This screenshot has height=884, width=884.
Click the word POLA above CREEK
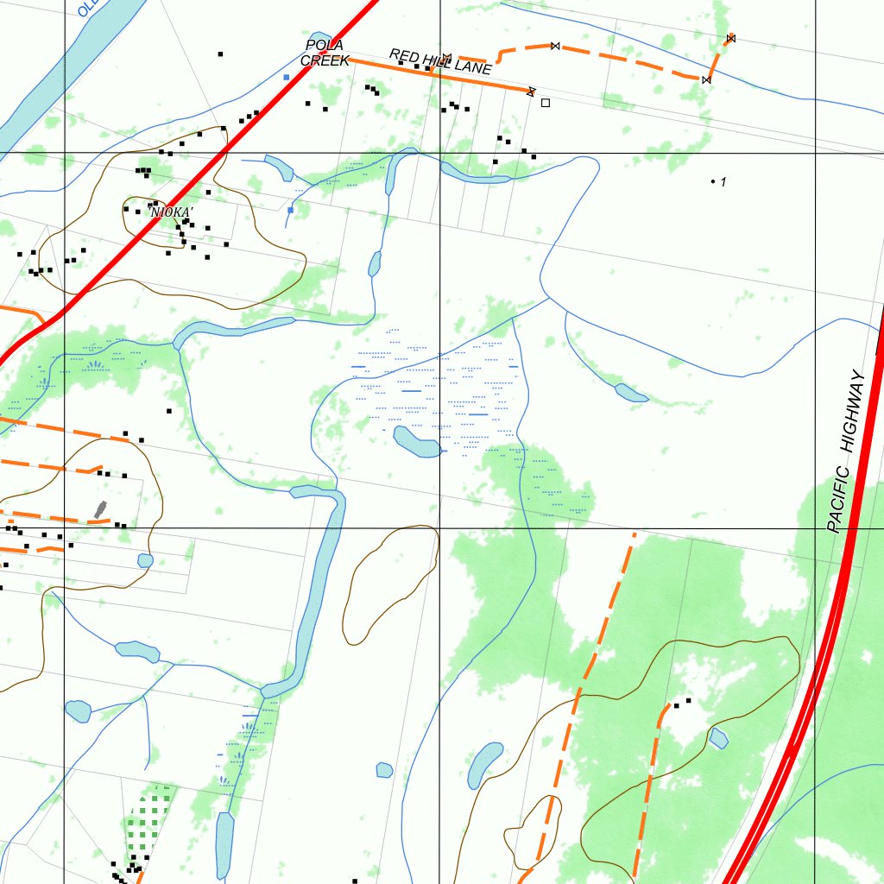pyautogui.click(x=325, y=45)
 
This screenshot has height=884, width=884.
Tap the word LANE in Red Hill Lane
pyautogui.click(x=474, y=66)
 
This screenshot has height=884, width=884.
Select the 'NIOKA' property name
pyautogui.click(x=170, y=212)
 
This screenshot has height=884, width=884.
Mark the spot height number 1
pyautogui.click(x=723, y=182)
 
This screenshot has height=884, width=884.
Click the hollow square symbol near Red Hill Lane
pyautogui.click(x=545, y=103)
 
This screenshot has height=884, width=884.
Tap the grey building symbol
pyautogui.click(x=100, y=510)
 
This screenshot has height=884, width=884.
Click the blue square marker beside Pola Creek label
pyautogui.click(x=287, y=78)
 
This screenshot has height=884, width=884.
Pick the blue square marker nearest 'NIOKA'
pyautogui.click(x=291, y=210)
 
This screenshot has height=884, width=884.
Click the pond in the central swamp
pyautogui.click(x=418, y=441)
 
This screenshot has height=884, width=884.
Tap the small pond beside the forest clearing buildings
pyautogui.click(x=718, y=738)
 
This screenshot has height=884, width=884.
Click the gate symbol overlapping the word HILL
pyautogui.click(x=446, y=59)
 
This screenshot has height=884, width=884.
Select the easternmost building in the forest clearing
pyautogui.click(x=688, y=700)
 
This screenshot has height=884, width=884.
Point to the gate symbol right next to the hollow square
pyautogui.click(x=531, y=91)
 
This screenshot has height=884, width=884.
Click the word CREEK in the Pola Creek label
pyautogui.click(x=325, y=61)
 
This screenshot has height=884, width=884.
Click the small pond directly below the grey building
pyautogui.click(x=145, y=560)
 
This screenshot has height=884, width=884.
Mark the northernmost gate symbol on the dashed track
pyautogui.click(x=730, y=38)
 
